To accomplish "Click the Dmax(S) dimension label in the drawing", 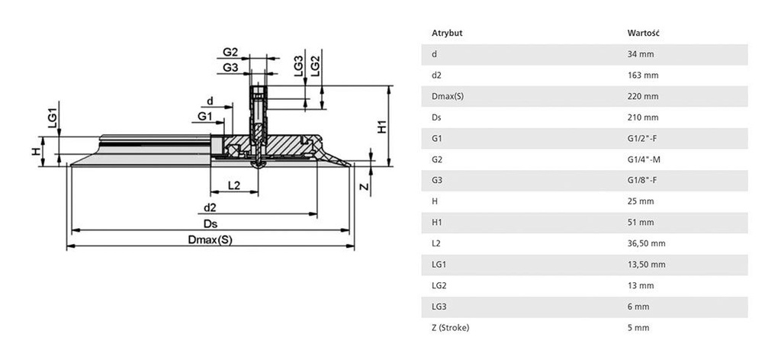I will point(209,239).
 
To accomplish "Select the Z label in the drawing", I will point(364,186).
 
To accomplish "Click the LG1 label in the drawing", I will point(52,118).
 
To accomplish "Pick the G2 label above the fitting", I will point(230,53).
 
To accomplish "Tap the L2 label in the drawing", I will point(233,185).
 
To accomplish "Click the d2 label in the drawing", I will point(211,207).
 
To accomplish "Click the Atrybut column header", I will point(447,34).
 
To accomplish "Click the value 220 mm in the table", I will point(642,97).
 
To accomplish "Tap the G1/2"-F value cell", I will point(644,139).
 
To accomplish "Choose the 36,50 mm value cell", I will point(646,243).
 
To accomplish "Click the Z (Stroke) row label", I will point(450,327).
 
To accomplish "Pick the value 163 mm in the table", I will point(642,76).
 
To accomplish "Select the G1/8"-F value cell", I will point(644,181).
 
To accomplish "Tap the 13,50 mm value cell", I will point(646,265).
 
